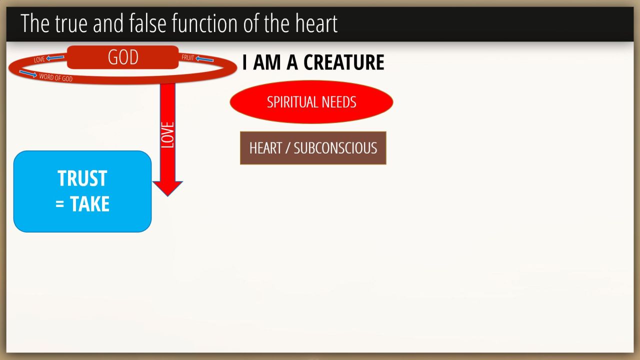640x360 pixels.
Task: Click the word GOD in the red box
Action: point(123,57)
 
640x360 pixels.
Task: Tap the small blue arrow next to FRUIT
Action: point(204,59)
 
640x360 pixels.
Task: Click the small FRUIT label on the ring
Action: point(187,57)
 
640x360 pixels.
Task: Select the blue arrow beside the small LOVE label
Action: point(55,58)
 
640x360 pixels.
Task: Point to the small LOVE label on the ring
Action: point(39,59)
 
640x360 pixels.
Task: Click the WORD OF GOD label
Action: point(55,77)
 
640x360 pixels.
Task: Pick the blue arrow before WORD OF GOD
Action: point(28,73)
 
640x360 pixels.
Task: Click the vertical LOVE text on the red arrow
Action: point(167,135)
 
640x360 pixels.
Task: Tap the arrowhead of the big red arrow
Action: point(167,188)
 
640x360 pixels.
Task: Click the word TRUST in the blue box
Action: point(82,178)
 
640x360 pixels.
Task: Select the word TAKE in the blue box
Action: point(89,204)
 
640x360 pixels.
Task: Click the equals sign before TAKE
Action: point(59,204)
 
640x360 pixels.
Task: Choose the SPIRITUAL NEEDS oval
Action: point(311,102)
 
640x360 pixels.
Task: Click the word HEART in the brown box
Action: point(265,148)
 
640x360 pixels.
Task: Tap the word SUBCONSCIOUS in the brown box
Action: point(335,148)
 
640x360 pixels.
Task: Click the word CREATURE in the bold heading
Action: point(343,62)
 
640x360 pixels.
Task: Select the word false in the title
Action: point(147,23)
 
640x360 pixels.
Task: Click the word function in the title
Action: point(205,23)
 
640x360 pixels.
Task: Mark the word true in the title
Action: point(71,23)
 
